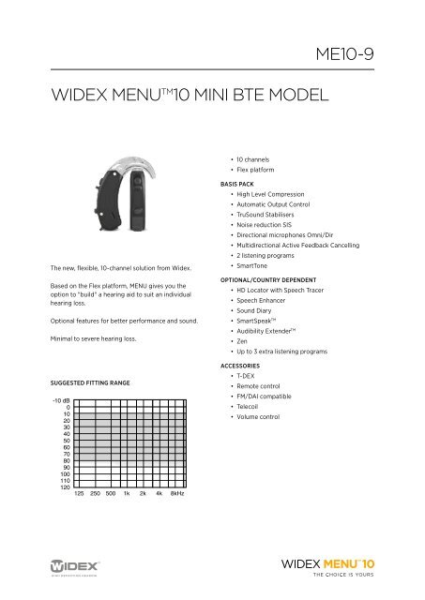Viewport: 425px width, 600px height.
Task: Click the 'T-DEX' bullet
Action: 243,397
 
